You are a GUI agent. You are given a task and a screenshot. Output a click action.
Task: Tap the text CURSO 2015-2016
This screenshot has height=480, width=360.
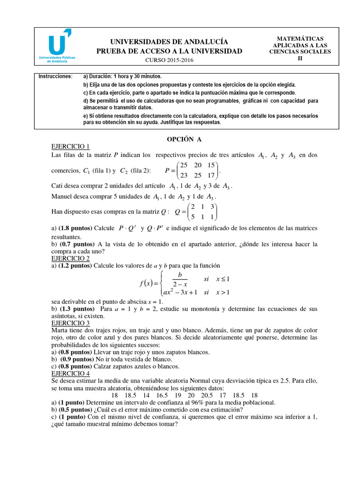click(x=169, y=60)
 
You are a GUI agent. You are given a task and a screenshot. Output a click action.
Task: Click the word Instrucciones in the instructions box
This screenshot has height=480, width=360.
click(x=55, y=76)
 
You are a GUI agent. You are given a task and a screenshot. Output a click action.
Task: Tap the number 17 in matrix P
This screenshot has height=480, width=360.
click(x=211, y=175)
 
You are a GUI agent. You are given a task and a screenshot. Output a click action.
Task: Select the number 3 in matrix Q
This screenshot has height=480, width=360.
click(x=212, y=207)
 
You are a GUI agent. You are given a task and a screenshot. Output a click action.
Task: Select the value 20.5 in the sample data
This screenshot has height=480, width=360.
click(x=207, y=395)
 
